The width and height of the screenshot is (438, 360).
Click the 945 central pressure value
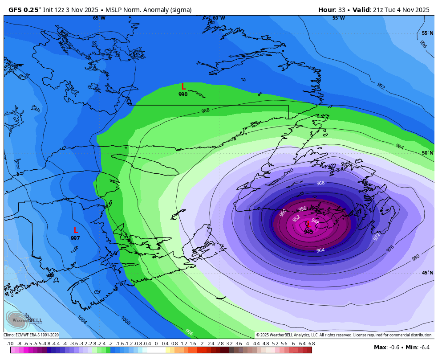[x=308, y=232]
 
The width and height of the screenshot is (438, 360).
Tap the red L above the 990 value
[x=183, y=87]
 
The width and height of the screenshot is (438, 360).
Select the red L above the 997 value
[x=76, y=230]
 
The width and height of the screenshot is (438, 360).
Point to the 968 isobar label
[x=320, y=183]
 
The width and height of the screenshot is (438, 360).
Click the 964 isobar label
[x=320, y=250]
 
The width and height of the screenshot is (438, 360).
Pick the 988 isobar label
[x=205, y=110]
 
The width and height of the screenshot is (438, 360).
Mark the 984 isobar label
[x=400, y=146]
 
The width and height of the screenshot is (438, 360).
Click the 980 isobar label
[x=416, y=258]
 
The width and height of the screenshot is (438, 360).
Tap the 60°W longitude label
[x=219, y=18]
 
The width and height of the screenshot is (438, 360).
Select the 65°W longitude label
[x=99, y=18]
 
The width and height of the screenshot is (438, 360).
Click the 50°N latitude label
[x=427, y=153]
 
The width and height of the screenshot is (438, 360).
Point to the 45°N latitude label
[x=427, y=273]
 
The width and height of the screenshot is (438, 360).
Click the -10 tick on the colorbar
[x=10, y=344]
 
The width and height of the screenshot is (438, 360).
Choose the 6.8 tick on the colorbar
[x=311, y=344]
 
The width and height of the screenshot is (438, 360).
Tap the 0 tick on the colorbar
[x=156, y=344]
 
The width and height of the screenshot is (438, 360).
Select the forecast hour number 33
[x=342, y=10]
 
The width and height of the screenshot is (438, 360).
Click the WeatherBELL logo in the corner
[x=24, y=319]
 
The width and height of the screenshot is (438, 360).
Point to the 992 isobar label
[x=381, y=86]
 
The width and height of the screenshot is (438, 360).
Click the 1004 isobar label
[x=82, y=319]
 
